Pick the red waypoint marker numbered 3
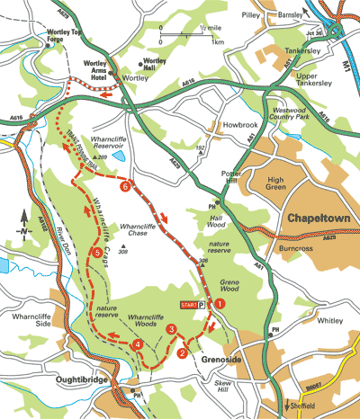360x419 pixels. tap(137, 345)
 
